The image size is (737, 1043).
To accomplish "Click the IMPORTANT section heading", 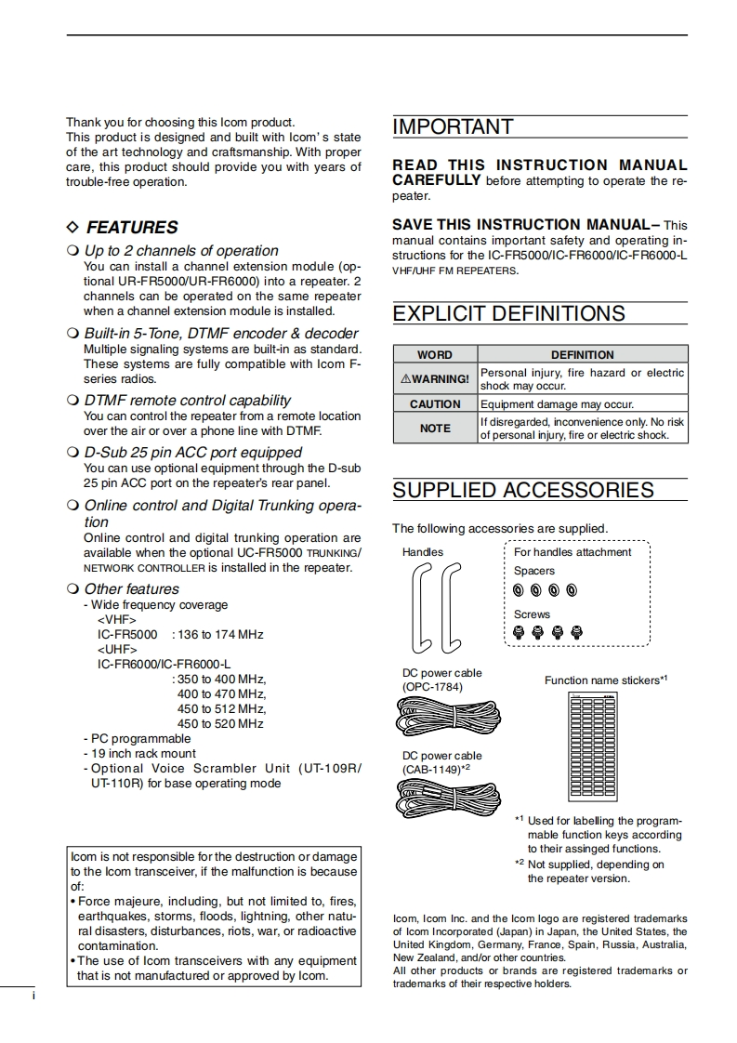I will (453, 127).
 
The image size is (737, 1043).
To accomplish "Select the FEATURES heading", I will (131, 228).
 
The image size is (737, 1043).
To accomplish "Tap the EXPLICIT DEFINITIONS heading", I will (508, 314).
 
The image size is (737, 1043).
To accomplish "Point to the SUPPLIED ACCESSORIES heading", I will (523, 491).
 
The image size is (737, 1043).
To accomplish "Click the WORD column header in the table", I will (435, 354).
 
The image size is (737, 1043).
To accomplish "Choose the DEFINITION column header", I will (583, 354).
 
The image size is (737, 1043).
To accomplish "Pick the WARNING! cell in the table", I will (435, 379).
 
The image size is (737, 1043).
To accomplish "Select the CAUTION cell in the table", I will (435, 404).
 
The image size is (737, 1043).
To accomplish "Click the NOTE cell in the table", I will (435, 429).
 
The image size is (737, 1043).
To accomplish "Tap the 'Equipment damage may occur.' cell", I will (557, 404).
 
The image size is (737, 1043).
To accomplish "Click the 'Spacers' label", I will (534, 571).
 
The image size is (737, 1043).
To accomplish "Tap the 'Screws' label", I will (532, 614).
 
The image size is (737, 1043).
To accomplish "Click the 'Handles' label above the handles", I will (423, 552).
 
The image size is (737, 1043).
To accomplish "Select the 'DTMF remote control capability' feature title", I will (188, 401).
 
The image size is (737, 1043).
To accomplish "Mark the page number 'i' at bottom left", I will (33, 997).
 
